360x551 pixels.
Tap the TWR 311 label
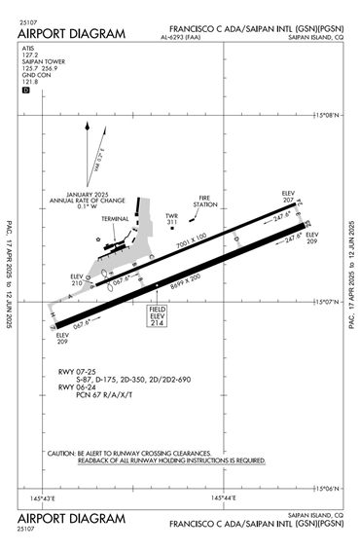tap(172, 219)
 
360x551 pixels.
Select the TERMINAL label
tap(115, 219)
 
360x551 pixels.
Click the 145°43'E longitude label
tap(43, 498)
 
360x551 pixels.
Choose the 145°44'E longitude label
tap(225, 498)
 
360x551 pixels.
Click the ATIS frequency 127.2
tap(29, 55)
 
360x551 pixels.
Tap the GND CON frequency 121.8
tap(27, 84)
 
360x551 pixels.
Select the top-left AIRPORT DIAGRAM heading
tap(71, 34)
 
